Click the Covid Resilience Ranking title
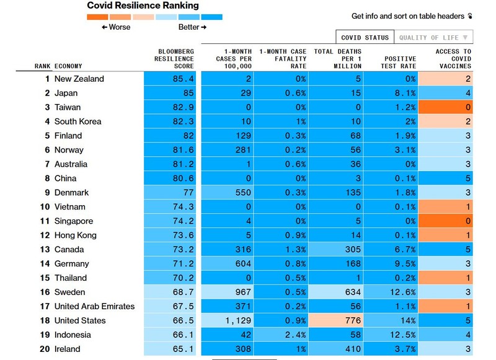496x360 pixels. click(143, 6)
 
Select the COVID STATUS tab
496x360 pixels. click(365, 37)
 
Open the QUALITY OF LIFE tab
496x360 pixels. click(433, 37)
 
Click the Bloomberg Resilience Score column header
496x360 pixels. click(174, 59)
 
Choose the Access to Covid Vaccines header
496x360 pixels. click(453, 59)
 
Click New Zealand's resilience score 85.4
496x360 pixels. click(183, 79)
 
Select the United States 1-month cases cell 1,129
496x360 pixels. click(238, 320)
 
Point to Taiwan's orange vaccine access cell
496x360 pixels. click(445, 107)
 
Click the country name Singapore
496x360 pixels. click(74, 221)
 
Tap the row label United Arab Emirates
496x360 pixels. click(94, 306)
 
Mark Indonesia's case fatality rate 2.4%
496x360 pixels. click(296, 335)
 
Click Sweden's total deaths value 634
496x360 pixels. click(353, 292)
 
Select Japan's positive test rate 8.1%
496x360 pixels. click(405, 93)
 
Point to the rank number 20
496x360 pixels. click(45, 349)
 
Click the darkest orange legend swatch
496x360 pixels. click(97, 17)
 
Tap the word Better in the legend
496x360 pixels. click(189, 27)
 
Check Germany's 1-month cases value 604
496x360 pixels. click(243, 263)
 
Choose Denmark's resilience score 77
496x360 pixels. click(188, 193)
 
